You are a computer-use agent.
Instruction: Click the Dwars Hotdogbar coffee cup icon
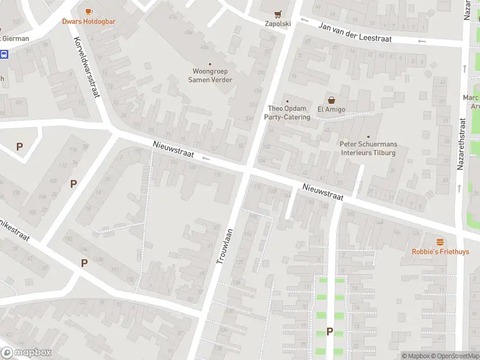[89, 11]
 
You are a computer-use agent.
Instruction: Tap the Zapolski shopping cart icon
[277, 14]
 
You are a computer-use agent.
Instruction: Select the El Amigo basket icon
[331, 100]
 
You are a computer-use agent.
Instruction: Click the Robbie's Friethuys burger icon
[440, 242]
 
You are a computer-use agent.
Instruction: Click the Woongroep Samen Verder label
[210, 76]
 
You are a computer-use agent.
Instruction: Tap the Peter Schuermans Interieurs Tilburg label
[368, 148]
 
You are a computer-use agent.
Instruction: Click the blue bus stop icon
[4, 55]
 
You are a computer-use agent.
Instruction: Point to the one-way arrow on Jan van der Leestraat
[422, 41]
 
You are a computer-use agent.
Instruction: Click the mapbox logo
[26, 353]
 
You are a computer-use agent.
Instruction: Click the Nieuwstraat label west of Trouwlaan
[173, 149]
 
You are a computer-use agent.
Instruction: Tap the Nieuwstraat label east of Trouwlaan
[323, 192]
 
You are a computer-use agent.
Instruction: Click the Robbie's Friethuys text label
[440, 252]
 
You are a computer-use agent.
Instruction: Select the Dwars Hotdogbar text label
[89, 22]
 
